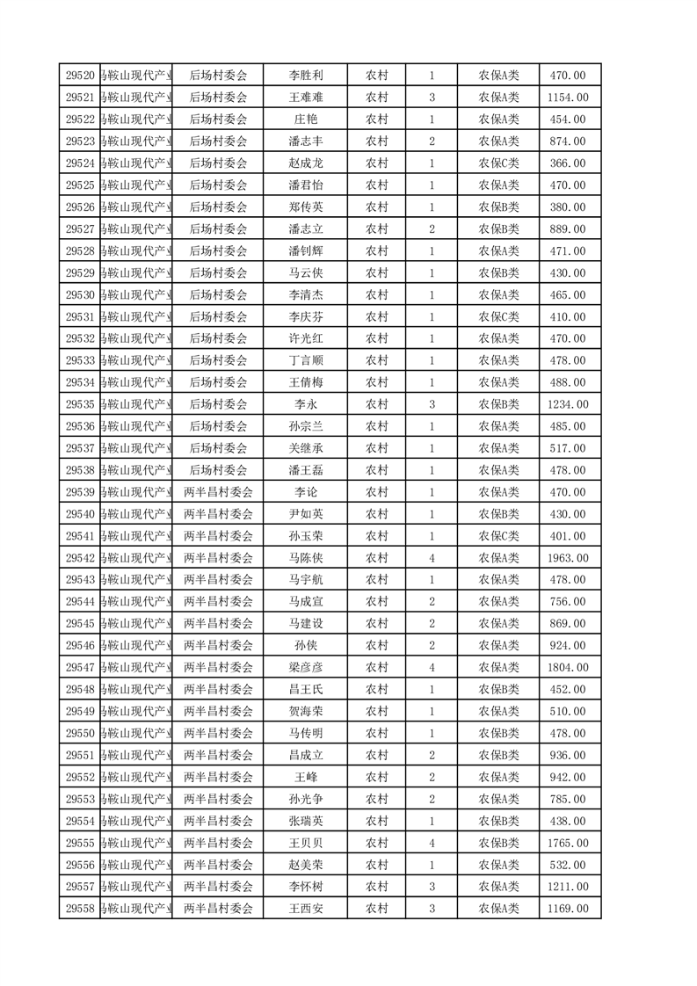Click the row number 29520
[x=80, y=76]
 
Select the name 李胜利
[x=306, y=76]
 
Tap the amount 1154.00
[x=568, y=98]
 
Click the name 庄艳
[x=306, y=120]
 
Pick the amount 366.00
[x=568, y=163]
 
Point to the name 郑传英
[x=306, y=207]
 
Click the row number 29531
[x=80, y=316]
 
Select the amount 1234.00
[x=568, y=404]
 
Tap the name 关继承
[x=306, y=448]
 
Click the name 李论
[x=306, y=492]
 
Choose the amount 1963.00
[x=568, y=558]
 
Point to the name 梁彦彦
[x=306, y=668]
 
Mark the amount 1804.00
[x=568, y=668]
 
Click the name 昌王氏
[x=306, y=689]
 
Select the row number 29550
[x=80, y=733]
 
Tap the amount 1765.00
[x=568, y=843]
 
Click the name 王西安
[x=306, y=909]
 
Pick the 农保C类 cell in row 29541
[x=498, y=536]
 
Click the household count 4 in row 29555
[x=432, y=843]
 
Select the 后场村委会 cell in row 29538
[x=218, y=470]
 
